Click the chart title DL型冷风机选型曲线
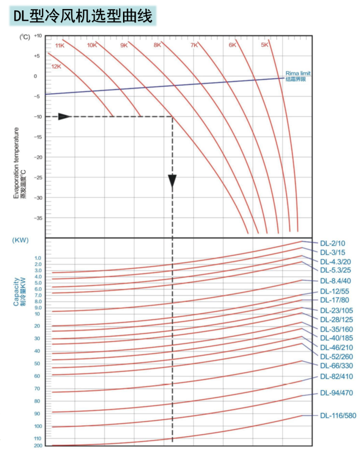click(83, 16)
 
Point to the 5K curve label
click(265, 45)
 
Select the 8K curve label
click(157, 45)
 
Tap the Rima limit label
click(298, 73)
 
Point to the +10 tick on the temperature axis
click(37, 36)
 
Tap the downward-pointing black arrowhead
click(172, 181)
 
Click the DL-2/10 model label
click(333, 243)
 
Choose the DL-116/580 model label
click(338, 416)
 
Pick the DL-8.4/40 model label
click(335, 281)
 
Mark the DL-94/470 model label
click(336, 393)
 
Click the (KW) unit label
click(20, 240)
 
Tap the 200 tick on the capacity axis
click(37, 446)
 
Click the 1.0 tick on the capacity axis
click(37, 258)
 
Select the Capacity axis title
click(16, 292)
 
